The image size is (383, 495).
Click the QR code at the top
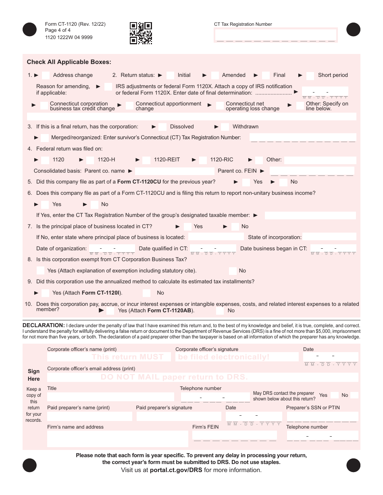141,33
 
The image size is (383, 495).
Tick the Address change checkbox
46,75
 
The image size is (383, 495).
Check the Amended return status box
215,75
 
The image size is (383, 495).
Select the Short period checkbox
310,76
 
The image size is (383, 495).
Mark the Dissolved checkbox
162,127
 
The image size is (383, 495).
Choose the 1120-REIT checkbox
146,160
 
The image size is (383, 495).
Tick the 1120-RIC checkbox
203,160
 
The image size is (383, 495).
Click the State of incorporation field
329,237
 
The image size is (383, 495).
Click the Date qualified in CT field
213,248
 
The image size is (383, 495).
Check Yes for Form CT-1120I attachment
45,293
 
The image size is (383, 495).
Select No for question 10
220,311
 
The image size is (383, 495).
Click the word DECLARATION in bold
44,325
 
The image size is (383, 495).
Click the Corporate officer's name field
109,357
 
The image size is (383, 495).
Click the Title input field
110,396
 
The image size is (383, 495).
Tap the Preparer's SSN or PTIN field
322,416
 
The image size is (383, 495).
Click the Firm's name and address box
117,439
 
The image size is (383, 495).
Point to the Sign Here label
34,375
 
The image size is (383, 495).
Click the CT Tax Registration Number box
276,35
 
